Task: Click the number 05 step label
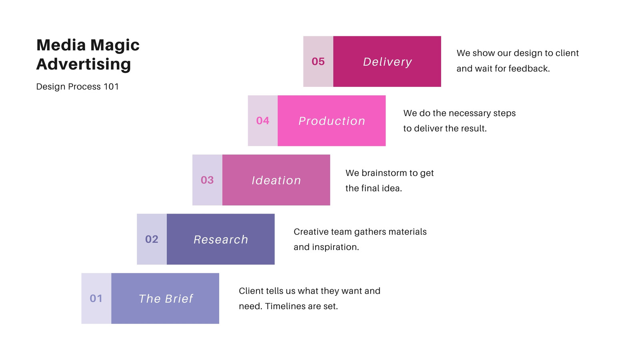[318, 62]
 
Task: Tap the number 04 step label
[262, 120]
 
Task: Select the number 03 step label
[207, 180]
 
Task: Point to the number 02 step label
[152, 239]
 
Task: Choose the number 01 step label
[96, 298]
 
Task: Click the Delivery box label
[388, 62]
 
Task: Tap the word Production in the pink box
[332, 121]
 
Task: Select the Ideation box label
[276, 180]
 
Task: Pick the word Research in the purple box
[221, 240]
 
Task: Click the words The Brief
[166, 298]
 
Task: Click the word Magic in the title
[115, 46]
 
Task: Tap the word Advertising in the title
[84, 64]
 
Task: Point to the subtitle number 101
[111, 86]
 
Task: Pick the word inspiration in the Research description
[336, 247]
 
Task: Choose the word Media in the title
[61, 45]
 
